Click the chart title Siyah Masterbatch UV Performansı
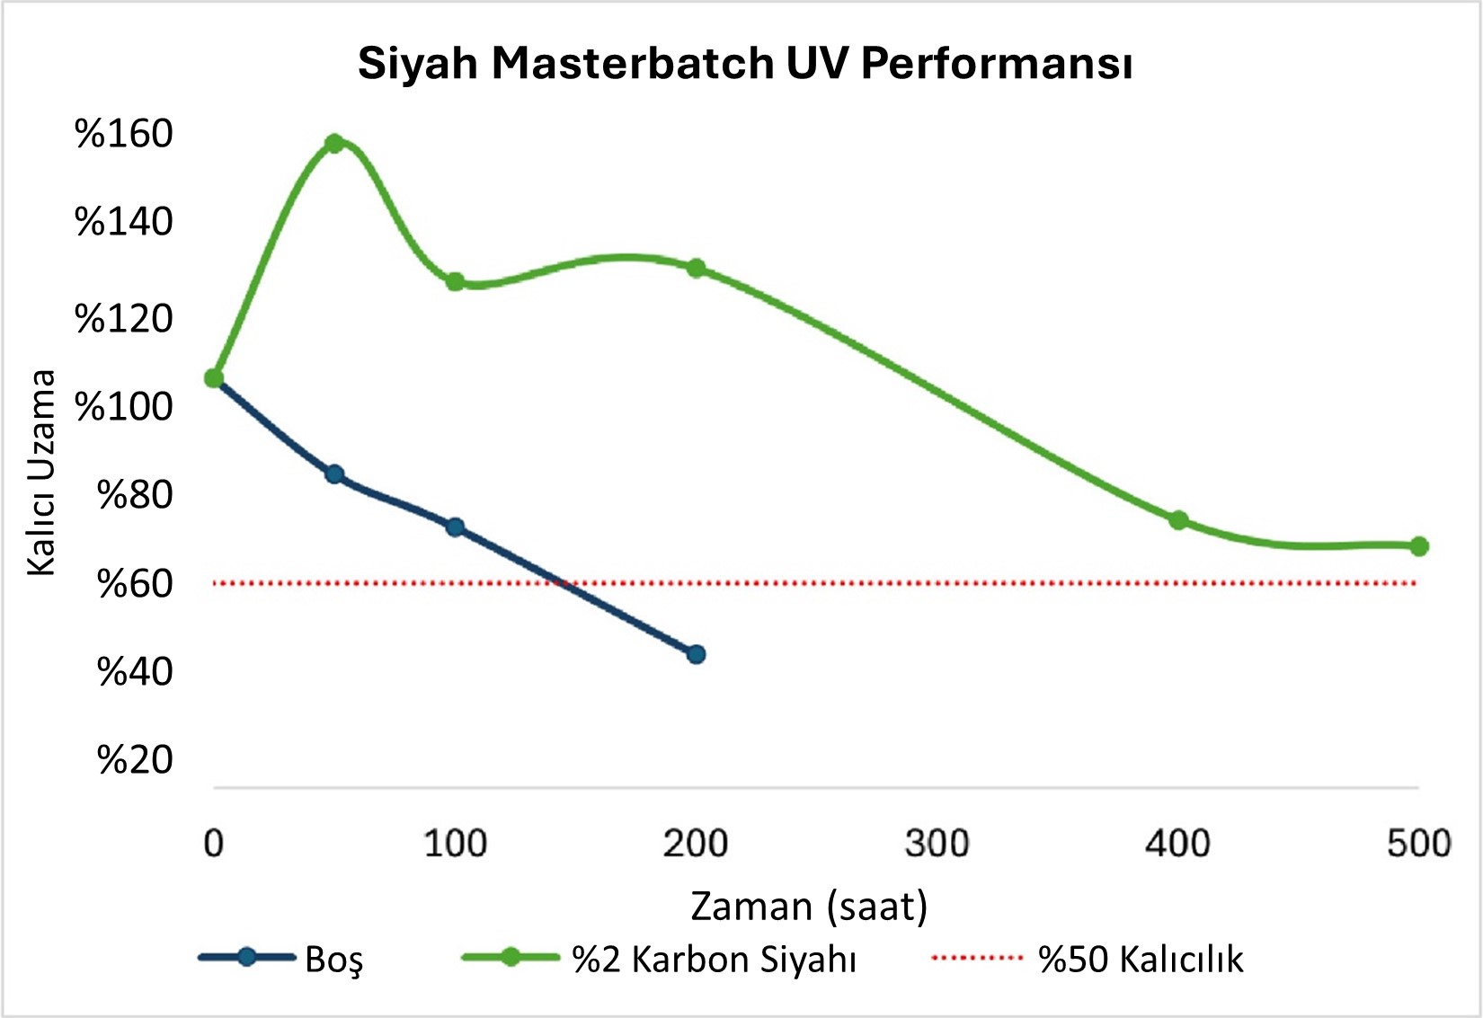(744, 64)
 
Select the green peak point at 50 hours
(334, 144)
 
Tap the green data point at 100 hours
(455, 282)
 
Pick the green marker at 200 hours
(696, 269)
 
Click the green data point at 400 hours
(1178, 520)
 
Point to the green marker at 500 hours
(1419, 546)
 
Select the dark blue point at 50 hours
(334, 474)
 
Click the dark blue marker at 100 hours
(455, 527)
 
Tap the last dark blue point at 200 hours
(696, 654)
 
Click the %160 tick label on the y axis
(123, 134)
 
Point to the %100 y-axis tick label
(123, 407)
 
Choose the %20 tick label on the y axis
(134, 760)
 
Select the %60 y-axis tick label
(134, 584)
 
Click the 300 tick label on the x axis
(937, 844)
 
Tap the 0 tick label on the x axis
(213, 844)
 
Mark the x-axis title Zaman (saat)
(809, 906)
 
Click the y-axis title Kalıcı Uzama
(41, 473)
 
